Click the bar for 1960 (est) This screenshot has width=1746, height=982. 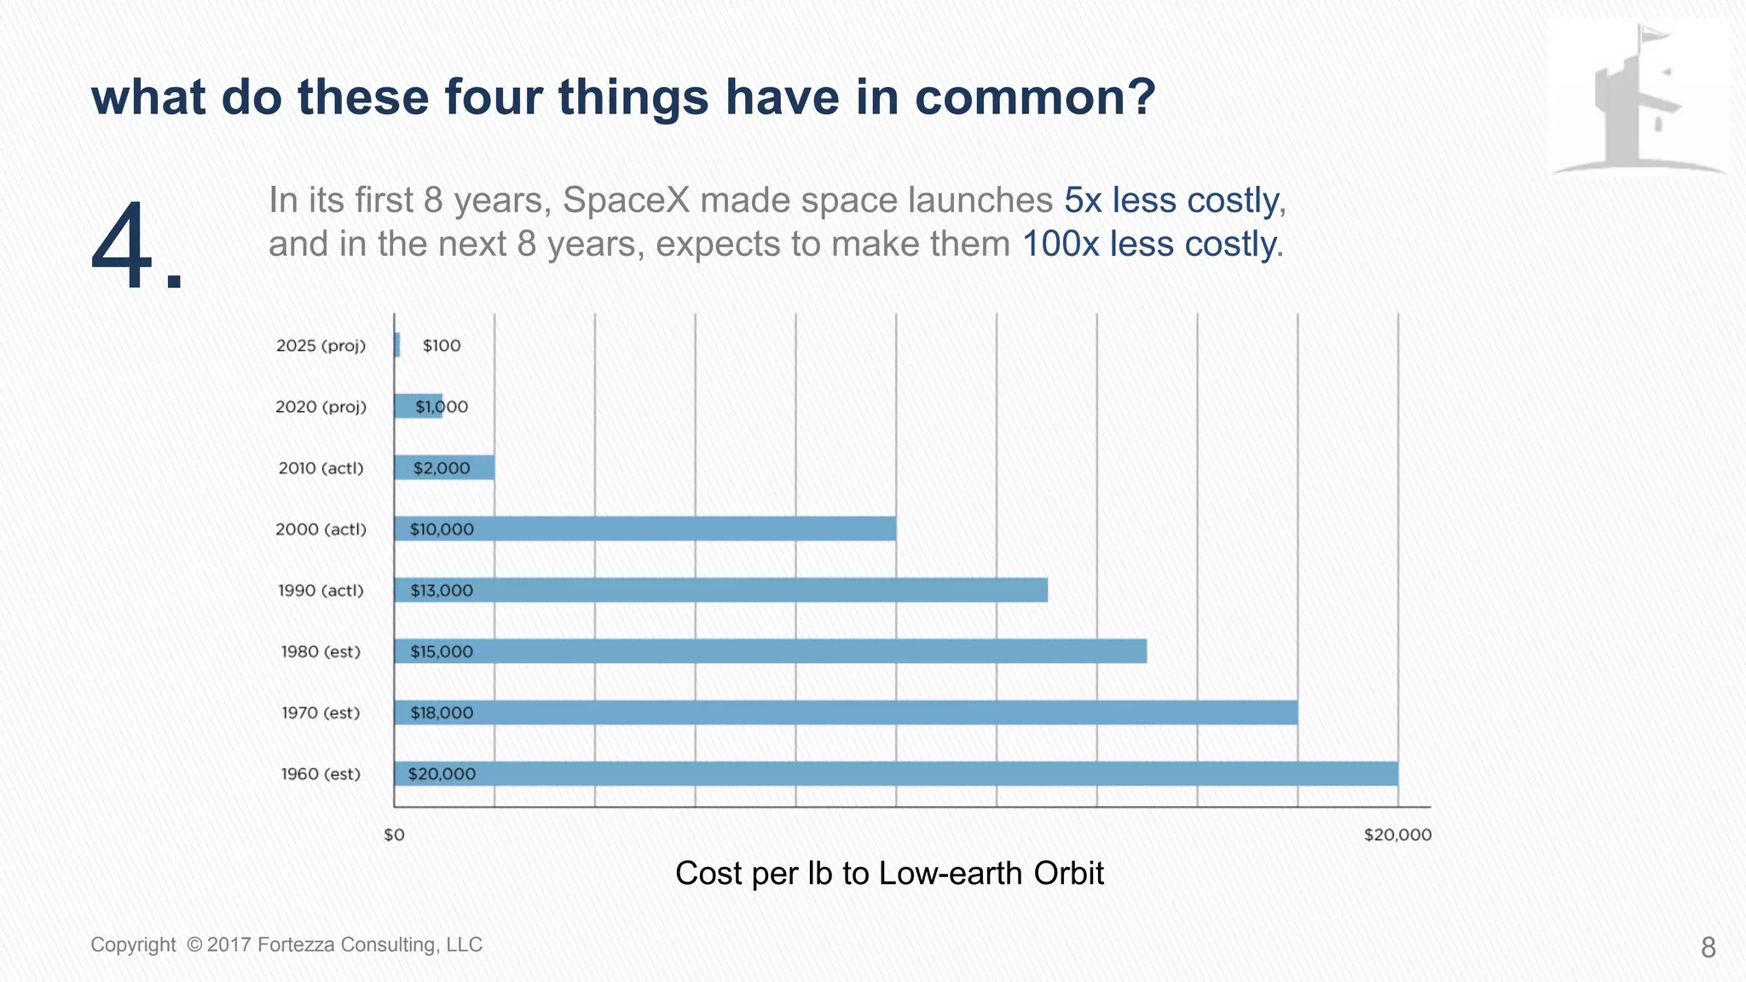(x=895, y=774)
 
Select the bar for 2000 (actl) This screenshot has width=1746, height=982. (x=645, y=529)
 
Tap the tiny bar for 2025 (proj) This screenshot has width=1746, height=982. (x=397, y=345)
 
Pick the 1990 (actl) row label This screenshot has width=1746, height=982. (x=321, y=590)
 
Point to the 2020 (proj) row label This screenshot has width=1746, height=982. (x=321, y=407)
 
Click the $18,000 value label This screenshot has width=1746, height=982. (x=442, y=713)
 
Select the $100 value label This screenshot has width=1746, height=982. (x=442, y=345)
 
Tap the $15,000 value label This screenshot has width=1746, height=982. (x=442, y=651)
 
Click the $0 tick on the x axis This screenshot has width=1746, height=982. (x=394, y=835)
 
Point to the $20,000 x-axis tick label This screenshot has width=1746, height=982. (x=1397, y=835)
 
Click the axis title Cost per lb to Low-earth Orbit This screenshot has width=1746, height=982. (x=889, y=873)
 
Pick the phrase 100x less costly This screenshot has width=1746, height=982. (x=1151, y=245)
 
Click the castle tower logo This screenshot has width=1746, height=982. (x=1637, y=98)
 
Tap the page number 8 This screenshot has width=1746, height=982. (x=1708, y=947)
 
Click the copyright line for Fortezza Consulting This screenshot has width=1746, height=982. (x=286, y=944)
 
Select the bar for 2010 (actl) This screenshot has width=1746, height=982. (x=444, y=467)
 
